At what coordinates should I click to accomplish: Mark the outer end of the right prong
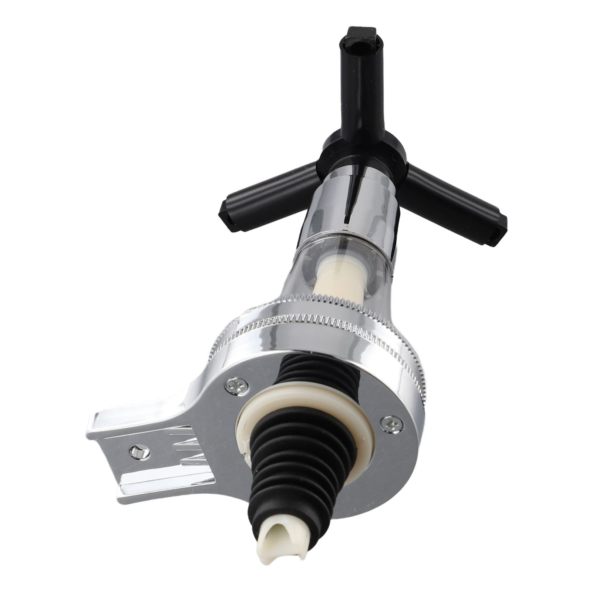click(498, 229)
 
